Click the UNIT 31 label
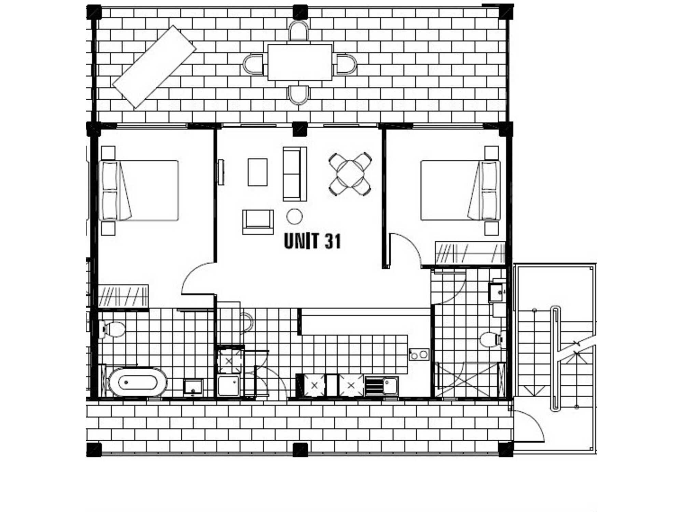(x=312, y=241)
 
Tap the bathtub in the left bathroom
(x=137, y=382)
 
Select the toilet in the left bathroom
(x=112, y=329)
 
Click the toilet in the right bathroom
(x=493, y=340)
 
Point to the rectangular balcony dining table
(x=300, y=62)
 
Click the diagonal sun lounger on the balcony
(x=154, y=67)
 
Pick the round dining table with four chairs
(x=350, y=174)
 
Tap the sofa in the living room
(x=295, y=174)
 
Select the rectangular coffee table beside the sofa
(x=257, y=172)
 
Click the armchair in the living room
(x=258, y=222)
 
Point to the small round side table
(x=294, y=216)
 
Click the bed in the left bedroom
(x=139, y=190)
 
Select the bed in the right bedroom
(x=460, y=190)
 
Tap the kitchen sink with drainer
(x=381, y=386)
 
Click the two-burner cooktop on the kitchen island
(x=419, y=355)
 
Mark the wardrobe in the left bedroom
(x=123, y=296)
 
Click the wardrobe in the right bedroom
(x=470, y=253)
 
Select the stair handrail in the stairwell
(x=556, y=358)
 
